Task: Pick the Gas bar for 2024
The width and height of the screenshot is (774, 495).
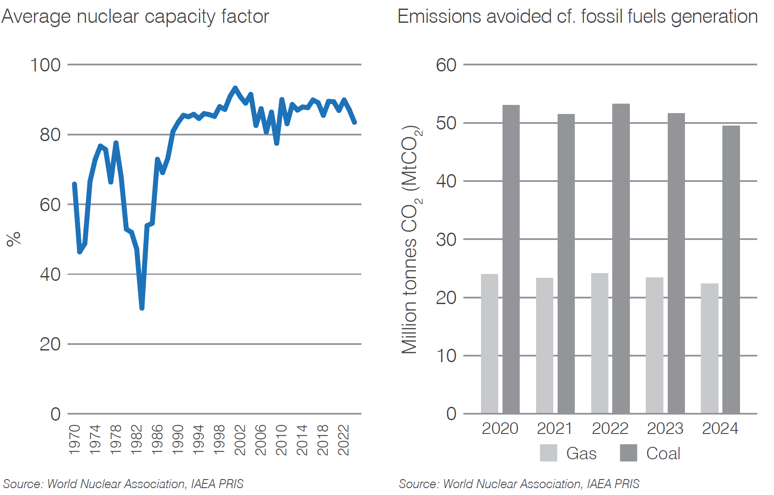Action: click(x=709, y=348)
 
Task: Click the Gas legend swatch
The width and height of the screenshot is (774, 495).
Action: click(x=548, y=453)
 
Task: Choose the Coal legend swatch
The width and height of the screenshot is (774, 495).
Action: click(x=628, y=453)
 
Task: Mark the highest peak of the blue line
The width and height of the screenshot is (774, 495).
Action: click(x=235, y=88)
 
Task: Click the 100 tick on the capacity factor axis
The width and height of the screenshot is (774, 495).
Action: click(x=45, y=65)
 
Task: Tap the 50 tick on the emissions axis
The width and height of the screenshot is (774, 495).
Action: click(x=446, y=123)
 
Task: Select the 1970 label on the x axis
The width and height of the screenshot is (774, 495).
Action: click(x=74, y=440)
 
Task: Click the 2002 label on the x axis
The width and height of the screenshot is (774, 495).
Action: click(x=240, y=440)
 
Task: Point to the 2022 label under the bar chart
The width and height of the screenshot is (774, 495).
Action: click(x=610, y=428)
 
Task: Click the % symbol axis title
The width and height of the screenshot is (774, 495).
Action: click(x=13, y=239)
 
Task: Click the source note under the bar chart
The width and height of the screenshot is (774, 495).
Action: click(x=518, y=484)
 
